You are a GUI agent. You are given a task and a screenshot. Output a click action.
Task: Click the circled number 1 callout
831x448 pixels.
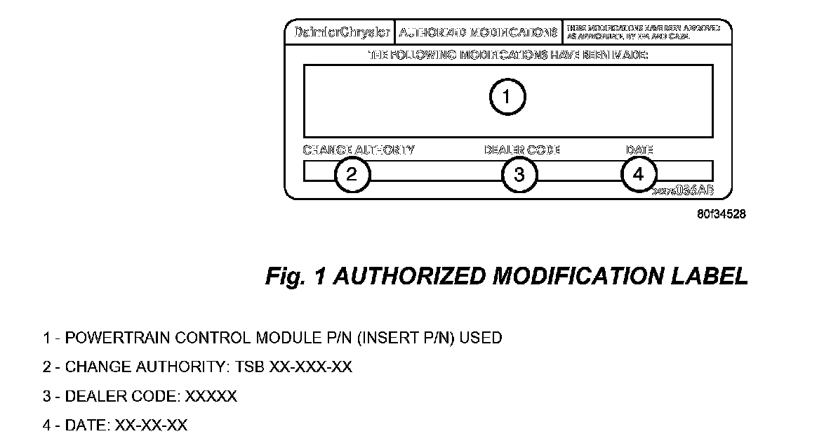click(507, 98)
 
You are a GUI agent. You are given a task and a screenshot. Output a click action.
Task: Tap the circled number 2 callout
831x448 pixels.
click(352, 174)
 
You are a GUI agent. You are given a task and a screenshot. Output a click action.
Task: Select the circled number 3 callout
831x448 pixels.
click(519, 174)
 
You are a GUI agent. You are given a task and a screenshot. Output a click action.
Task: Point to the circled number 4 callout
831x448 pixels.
click(639, 173)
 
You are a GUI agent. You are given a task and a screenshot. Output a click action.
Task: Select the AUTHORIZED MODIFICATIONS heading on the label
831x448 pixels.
click(478, 32)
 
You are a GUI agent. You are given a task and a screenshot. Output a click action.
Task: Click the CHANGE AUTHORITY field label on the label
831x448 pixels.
click(359, 150)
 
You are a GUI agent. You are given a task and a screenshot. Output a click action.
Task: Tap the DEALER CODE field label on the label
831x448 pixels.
click(522, 150)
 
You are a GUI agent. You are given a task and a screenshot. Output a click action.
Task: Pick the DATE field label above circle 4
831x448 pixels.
click(639, 150)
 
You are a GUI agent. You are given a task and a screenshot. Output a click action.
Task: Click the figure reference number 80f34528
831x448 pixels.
click(721, 213)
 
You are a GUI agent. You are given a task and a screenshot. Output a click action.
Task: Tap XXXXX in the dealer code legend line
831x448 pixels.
click(211, 397)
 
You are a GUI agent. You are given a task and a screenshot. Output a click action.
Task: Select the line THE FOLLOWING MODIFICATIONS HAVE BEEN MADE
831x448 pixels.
click(508, 55)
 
